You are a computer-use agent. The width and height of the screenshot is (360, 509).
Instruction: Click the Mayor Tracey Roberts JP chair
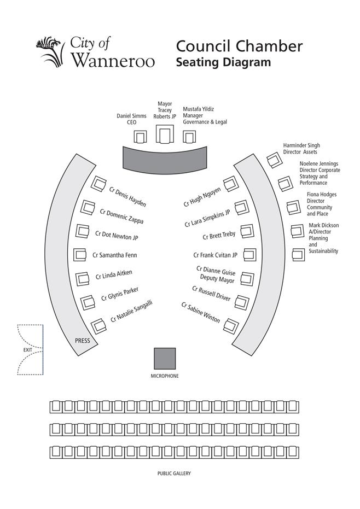coord(165,134)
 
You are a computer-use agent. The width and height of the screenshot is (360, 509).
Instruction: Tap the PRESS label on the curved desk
coord(82,341)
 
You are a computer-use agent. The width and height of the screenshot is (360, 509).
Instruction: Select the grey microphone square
coord(165,359)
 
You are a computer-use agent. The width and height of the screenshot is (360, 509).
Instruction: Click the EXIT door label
coord(27,349)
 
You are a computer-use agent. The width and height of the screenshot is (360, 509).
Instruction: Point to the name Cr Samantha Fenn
coord(115,255)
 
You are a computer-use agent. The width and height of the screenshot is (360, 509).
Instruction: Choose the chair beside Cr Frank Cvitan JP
coord(249,255)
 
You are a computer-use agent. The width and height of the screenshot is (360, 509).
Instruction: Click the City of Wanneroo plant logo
coord(49,51)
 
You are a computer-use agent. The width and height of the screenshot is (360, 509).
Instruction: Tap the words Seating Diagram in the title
coord(223,62)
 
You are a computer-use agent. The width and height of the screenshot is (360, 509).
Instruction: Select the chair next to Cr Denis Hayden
coord(98,184)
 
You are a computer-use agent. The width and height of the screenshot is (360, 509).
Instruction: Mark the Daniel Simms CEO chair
coord(140,137)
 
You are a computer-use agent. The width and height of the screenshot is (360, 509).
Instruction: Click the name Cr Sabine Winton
coord(200,313)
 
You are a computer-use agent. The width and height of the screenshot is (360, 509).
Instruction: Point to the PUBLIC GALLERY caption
coord(174,473)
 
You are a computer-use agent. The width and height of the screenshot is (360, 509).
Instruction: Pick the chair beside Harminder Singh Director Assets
coord(275,160)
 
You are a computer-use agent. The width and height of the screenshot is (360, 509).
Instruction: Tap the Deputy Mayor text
coord(217,278)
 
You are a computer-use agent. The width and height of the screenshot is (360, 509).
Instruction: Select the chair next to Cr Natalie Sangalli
coord(98,326)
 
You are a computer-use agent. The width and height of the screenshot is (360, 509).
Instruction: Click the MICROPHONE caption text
coord(165,376)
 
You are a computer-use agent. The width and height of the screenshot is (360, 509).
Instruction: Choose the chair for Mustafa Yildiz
coord(189,137)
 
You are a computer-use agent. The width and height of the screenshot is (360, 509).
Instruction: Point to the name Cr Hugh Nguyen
coord(202,197)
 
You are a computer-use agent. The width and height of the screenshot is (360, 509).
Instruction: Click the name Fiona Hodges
coord(322,195)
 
